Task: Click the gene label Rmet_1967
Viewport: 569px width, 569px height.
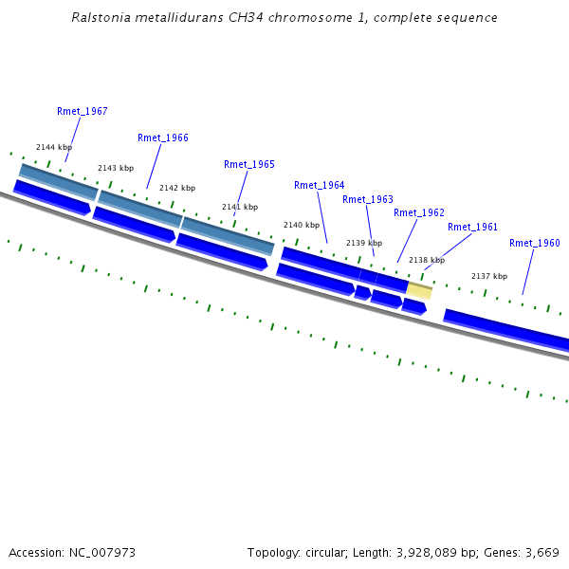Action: pyautogui.click(x=82, y=112)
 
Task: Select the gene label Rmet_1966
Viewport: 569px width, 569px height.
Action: pyautogui.click(x=163, y=138)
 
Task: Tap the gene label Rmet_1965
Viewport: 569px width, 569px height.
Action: pyautogui.click(x=249, y=165)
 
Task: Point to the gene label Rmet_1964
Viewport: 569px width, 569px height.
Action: pyautogui.click(x=320, y=186)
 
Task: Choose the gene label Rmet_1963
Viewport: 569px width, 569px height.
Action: pyautogui.click(x=368, y=200)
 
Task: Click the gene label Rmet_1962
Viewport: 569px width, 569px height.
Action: pyautogui.click(x=419, y=213)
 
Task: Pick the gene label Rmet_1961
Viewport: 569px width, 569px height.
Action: pyautogui.click(x=473, y=228)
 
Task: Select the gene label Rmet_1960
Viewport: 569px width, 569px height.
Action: pyautogui.click(x=535, y=244)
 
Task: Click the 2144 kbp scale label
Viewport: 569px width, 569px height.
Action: pyautogui.click(x=54, y=148)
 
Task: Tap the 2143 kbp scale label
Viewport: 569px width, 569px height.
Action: pyautogui.click(x=116, y=168)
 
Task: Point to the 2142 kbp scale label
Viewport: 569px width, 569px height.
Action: pyautogui.click(x=177, y=188)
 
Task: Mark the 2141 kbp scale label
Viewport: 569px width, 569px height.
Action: pyautogui.click(x=240, y=207)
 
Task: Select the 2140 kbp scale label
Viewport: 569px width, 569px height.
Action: pyautogui.click(x=302, y=226)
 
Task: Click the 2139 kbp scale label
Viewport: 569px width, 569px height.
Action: pyautogui.click(x=364, y=244)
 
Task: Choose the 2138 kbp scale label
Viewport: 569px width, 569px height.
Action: pyautogui.click(x=427, y=260)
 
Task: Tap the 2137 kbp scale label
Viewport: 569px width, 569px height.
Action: pyautogui.click(x=489, y=276)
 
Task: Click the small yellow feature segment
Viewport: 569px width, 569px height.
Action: pyautogui.click(x=419, y=290)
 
